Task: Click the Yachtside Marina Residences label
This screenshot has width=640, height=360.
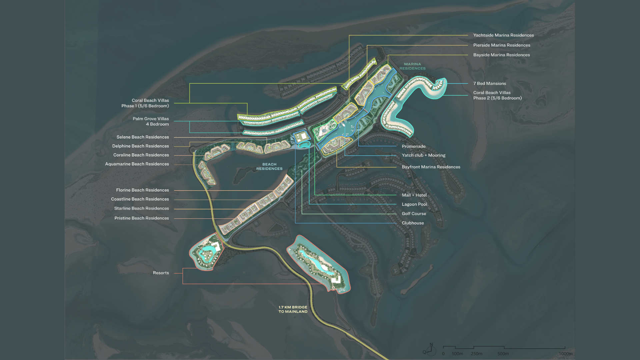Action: coord(503,35)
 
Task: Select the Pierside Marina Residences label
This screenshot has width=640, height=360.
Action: coord(501,45)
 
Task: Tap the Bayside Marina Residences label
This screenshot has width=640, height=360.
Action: coord(501,55)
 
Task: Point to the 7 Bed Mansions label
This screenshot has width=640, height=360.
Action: coord(489,84)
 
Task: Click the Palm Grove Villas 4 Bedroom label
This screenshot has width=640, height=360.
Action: coord(151,121)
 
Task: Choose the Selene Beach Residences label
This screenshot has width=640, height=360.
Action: coord(143,137)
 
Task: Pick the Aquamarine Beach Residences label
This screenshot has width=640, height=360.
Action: coord(137,164)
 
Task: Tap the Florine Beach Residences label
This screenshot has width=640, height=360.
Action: coord(142,190)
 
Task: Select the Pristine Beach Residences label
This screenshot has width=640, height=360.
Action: coord(142,218)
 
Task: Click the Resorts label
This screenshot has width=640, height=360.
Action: coord(161,273)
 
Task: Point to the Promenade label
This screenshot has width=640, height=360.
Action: coord(414,146)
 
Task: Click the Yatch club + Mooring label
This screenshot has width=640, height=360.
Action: coord(423,155)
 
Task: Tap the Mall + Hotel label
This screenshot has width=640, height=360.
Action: coord(414,195)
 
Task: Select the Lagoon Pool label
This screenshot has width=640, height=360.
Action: coord(414,204)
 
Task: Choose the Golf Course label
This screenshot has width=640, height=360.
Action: coord(414,214)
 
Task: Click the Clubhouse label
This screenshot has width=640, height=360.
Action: coord(413,223)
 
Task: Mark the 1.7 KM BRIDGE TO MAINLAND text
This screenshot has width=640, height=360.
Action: coord(293,309)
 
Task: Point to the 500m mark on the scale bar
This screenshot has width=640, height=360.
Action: coord(503,354)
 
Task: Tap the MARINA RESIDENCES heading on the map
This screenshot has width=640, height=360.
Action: coord(412,66)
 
